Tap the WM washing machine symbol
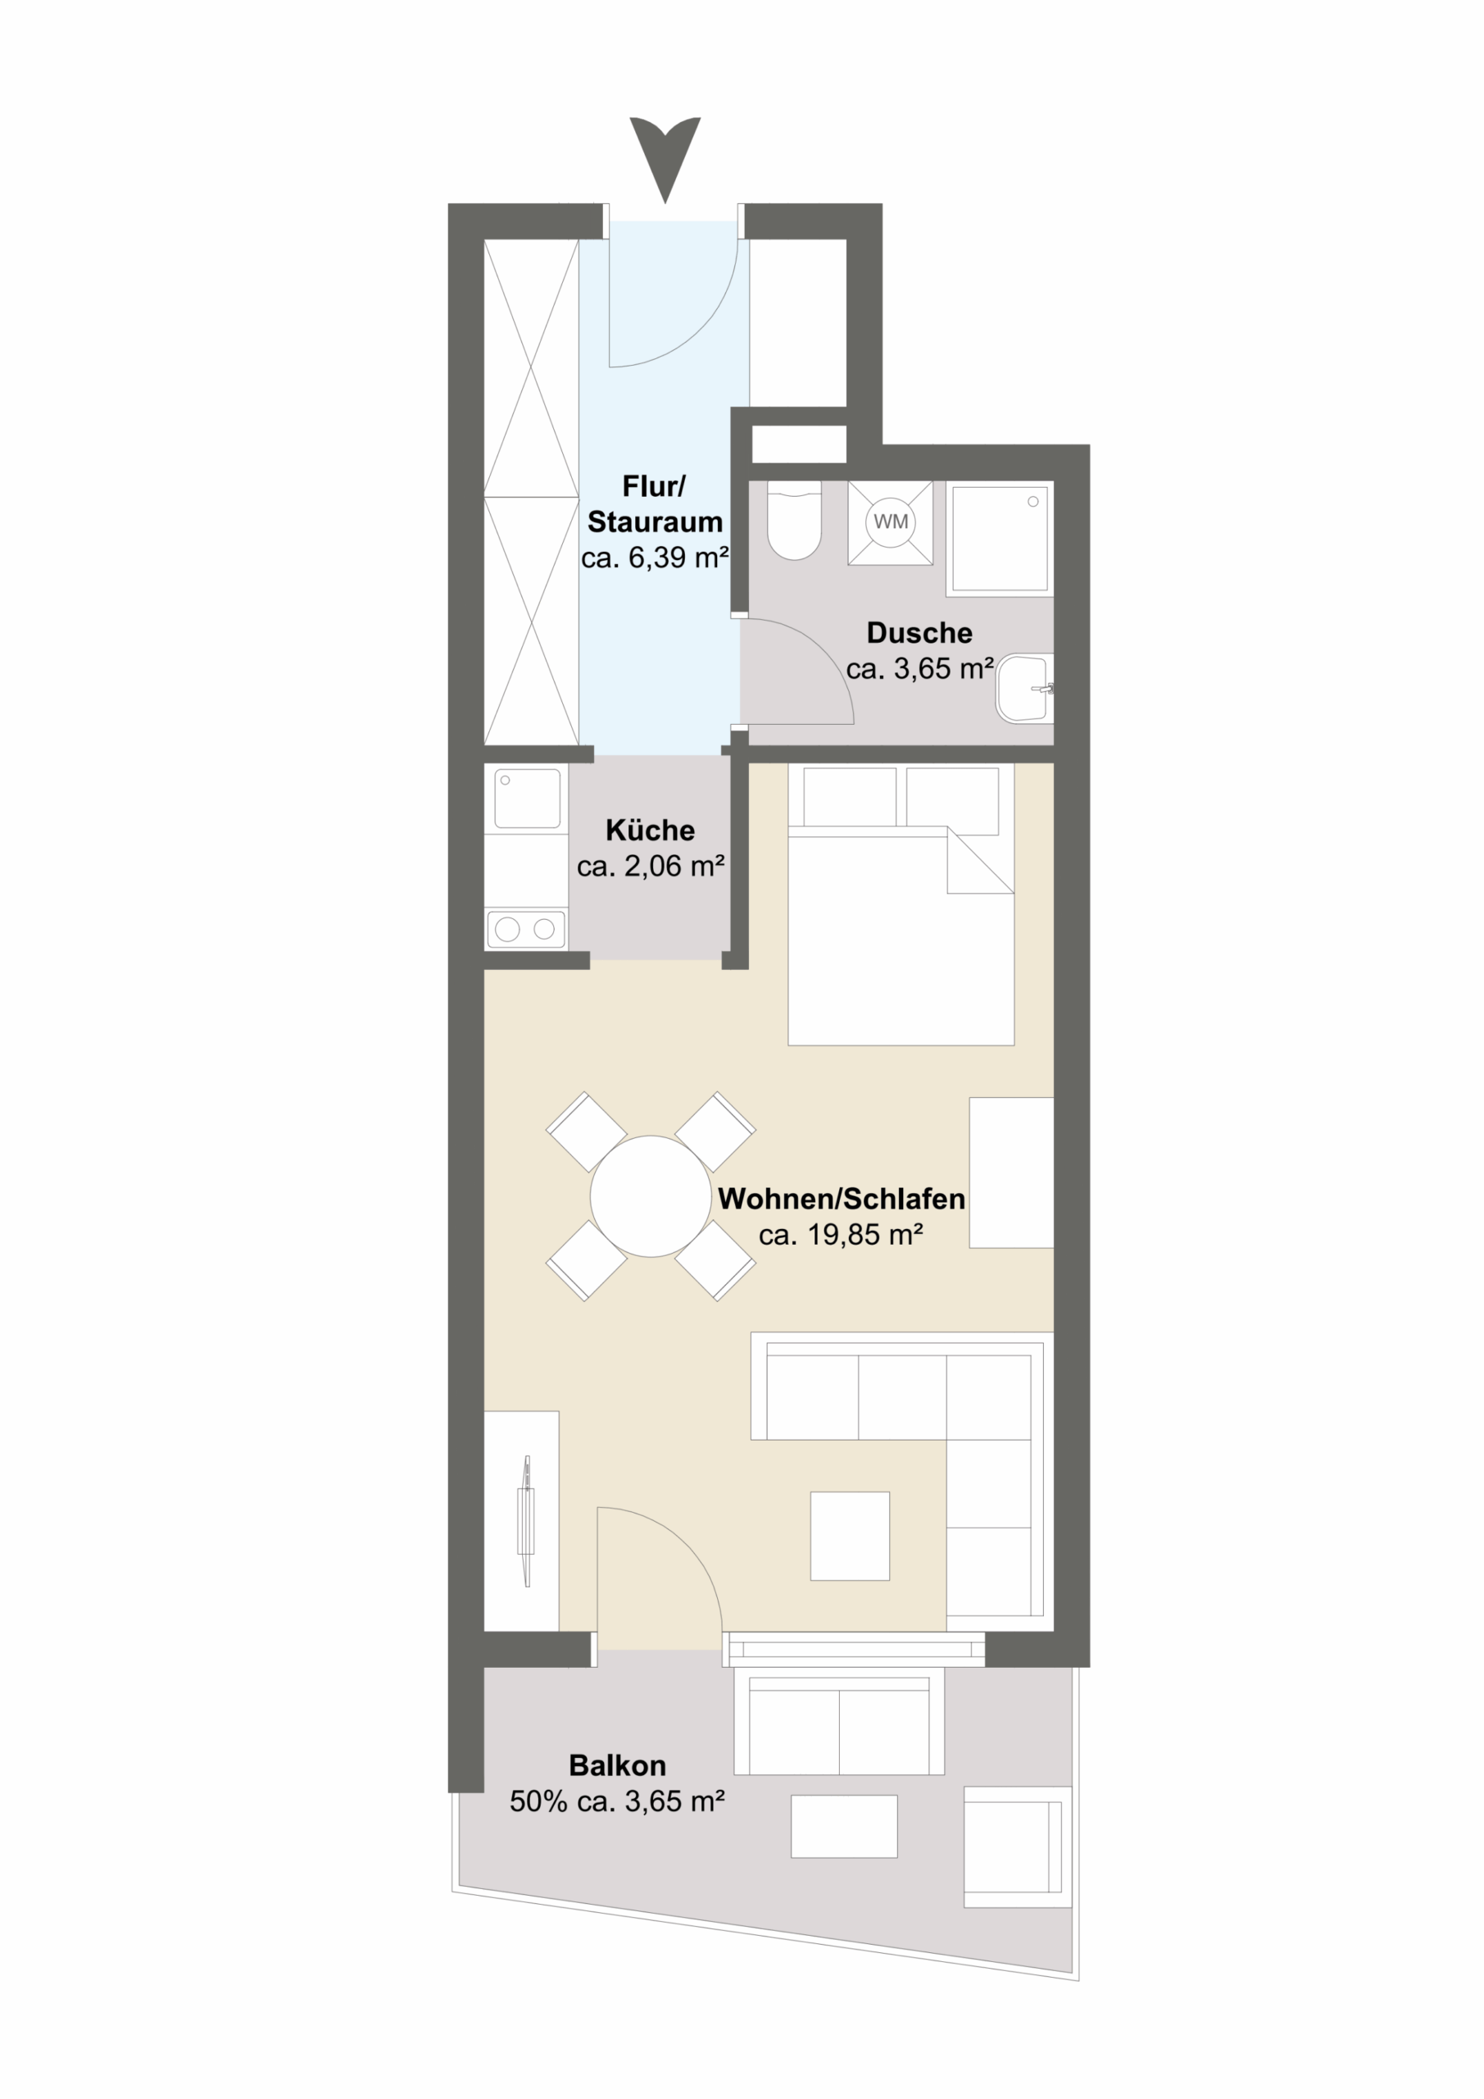[890, 522]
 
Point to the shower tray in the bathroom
[1000, 539]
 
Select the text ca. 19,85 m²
[841, 1235]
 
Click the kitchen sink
[527, 798]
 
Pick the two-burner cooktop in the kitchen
[525, 929]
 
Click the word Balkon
[617, 1765]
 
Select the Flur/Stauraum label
[654, 503]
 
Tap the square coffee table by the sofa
[850, 1536]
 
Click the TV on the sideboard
[525, 1521]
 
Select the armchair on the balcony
[1017, 1846]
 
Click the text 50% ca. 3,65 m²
[617, 1802]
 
